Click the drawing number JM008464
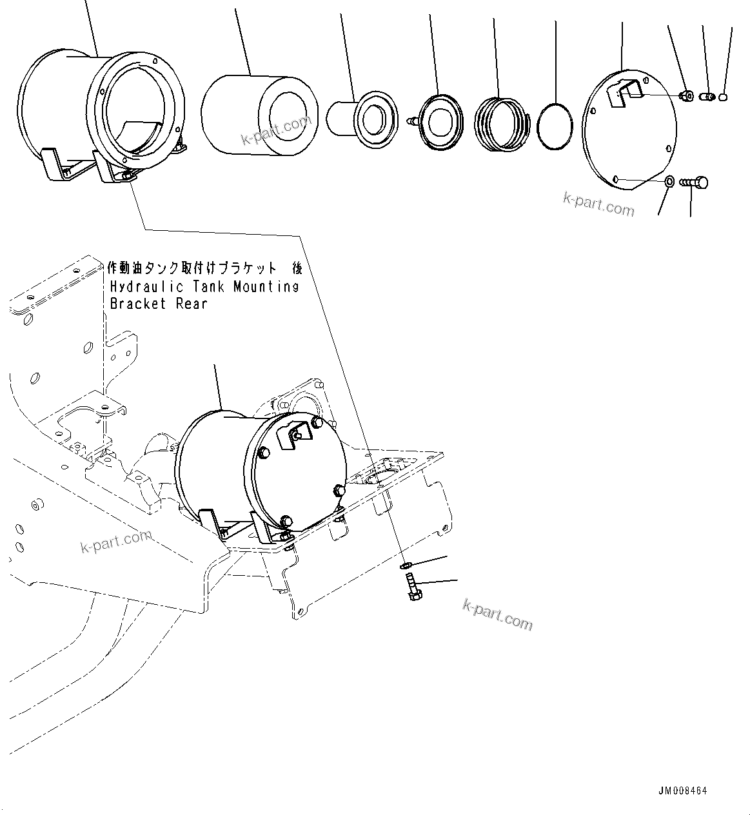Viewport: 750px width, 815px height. [683, 791]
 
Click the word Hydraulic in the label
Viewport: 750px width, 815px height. [144, 286]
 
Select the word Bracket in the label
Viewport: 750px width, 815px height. [131, 303]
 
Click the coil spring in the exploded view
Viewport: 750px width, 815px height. [501, 124]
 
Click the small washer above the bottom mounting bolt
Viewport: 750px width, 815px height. [406, 565]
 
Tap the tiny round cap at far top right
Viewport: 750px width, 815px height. [723, 97]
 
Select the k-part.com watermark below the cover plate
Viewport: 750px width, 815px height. [598, 204]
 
